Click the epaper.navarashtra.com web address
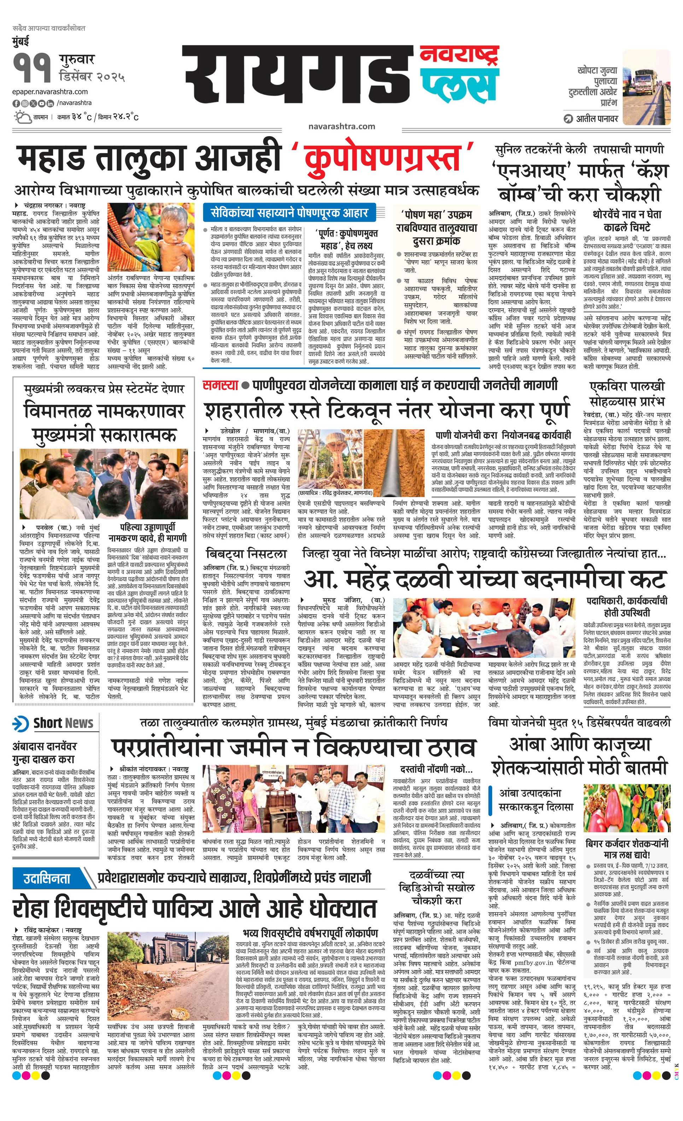point(50,92)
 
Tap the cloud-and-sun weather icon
point(21,117)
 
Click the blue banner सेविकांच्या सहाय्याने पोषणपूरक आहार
point(290,212)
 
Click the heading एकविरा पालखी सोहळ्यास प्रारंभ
point(627,394)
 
